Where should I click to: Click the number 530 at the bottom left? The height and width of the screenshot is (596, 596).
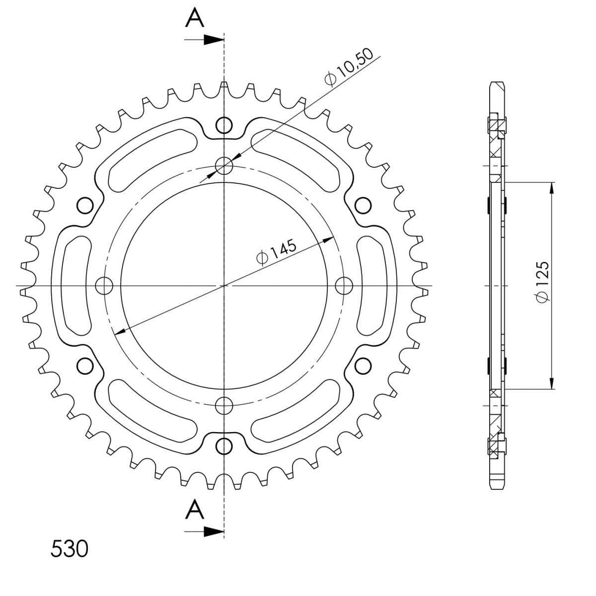point(69,549)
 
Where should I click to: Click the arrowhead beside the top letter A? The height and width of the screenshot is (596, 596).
point(214,40)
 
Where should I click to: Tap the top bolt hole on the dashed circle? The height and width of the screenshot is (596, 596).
point(224,166)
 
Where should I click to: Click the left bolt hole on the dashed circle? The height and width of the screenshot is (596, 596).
point(104,286)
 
